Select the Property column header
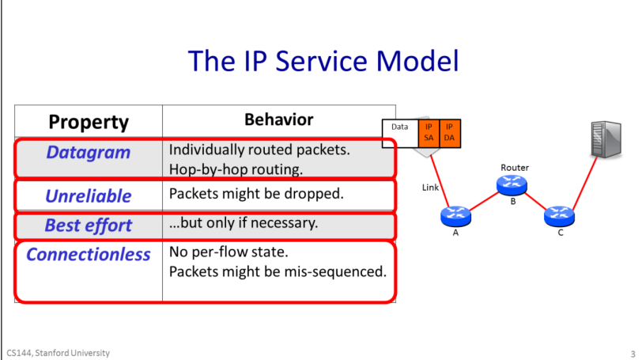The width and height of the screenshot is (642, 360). tap(89, 122)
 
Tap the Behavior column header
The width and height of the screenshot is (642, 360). tap(278, 119)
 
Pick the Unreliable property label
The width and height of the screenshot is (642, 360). tap(89, 195)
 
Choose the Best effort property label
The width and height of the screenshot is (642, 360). tap(89, 225)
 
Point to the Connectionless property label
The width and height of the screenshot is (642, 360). tap(89, 255)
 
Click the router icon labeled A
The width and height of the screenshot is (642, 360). tap(456, 215)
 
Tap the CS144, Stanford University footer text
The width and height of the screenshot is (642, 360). tap(58, 352)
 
